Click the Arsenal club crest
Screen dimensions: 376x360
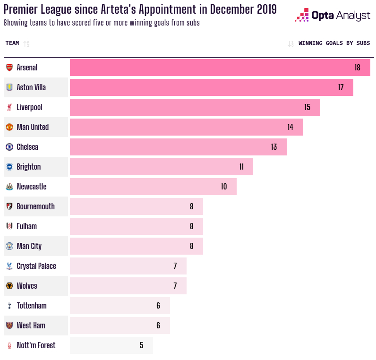(x=9, y=68)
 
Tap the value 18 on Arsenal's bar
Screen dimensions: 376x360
(x=357, y=68)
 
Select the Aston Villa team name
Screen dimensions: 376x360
(x=31, y=87)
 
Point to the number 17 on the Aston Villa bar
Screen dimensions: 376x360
(x=341, y=87)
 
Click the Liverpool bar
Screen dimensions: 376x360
(x=195, y=107)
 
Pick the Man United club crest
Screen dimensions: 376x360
(x=9, y=127)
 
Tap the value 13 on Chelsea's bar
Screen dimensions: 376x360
(x=274, y=147)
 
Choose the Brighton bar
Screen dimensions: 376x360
(x=162, y=167)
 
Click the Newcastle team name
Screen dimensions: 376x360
(x=32, y=187)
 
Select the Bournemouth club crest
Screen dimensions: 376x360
(x=9, y=206)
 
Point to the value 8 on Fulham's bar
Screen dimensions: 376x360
(x=192, y=226)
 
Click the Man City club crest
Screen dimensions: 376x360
(x=9, y=246)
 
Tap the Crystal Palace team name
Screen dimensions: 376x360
(x=36, y=266)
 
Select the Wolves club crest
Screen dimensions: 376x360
(x=9, y=286)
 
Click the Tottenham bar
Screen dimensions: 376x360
(x=120, y=306)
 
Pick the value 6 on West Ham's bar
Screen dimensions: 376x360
(x=158, y=326)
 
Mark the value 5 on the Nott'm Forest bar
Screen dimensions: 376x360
(x=142, y=345)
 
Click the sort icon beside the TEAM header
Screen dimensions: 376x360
(x=26, y=44)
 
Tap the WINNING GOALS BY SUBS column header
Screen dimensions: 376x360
(x=334, y=43)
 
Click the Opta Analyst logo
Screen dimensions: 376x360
(x=333, y=15)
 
